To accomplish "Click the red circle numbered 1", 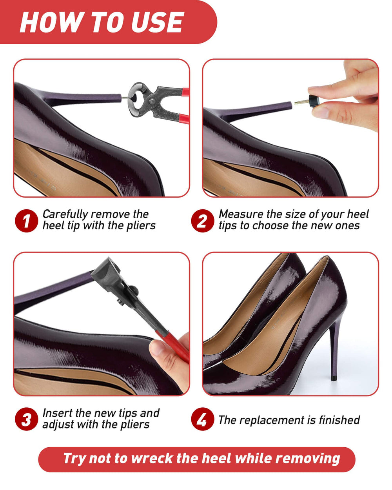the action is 26,221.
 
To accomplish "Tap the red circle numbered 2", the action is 203,221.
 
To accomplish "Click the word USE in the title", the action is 157,22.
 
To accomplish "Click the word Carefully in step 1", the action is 65,215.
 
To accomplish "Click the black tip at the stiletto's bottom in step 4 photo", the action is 334,378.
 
